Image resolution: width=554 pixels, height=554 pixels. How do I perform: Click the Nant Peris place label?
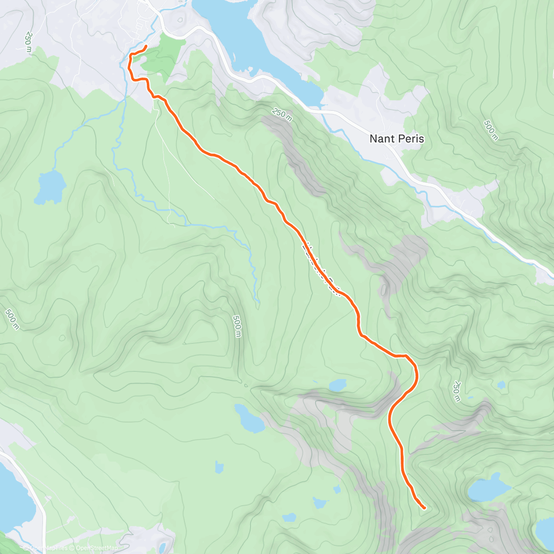click(397, 138)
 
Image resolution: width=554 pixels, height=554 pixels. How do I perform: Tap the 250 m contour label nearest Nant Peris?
click(282, 115)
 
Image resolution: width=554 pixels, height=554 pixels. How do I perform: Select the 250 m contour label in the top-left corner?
click(28, 42)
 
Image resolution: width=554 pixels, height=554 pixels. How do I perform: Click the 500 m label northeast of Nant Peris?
click(491, 130)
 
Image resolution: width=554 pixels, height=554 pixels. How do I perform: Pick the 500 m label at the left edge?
click(12, 319)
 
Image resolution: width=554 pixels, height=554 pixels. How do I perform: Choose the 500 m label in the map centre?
click(237, 326)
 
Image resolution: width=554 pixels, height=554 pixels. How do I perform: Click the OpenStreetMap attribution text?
click(97, 548)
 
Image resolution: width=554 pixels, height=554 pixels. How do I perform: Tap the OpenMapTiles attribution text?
click(48, 548)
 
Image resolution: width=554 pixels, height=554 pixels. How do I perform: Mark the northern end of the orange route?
click(146, 46)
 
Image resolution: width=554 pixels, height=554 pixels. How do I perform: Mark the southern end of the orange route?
click(424, 508)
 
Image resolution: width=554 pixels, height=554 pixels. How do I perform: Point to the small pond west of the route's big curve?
click(338, 385)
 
